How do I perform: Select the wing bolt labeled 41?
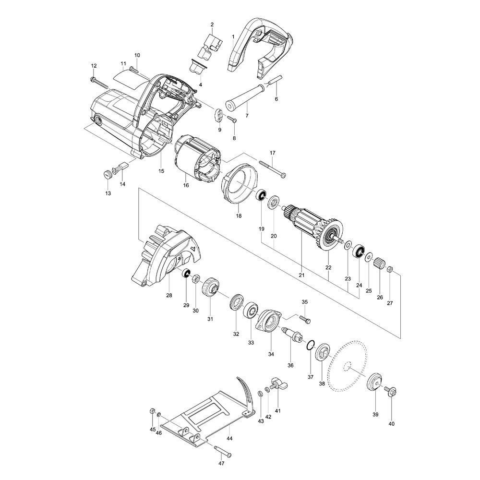[277, 384]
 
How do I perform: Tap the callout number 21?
[301, 275]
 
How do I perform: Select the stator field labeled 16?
[197, 158]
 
